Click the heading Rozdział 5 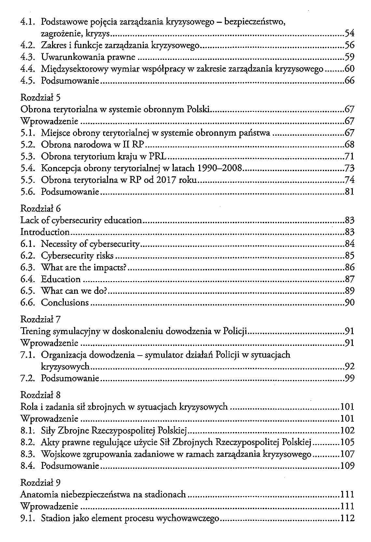[41, 98]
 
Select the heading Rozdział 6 [41, 209]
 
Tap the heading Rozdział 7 [41, 319]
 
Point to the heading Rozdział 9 [41, 482]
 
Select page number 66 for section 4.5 [349, 81]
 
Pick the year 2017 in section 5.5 [166, 180]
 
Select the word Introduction [45, 232]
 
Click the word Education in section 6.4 [61, 279]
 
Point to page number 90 [349, 303]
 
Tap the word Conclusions [65, 303]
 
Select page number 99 [349, 378]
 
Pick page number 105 [347, 442]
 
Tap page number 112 [347, 518]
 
